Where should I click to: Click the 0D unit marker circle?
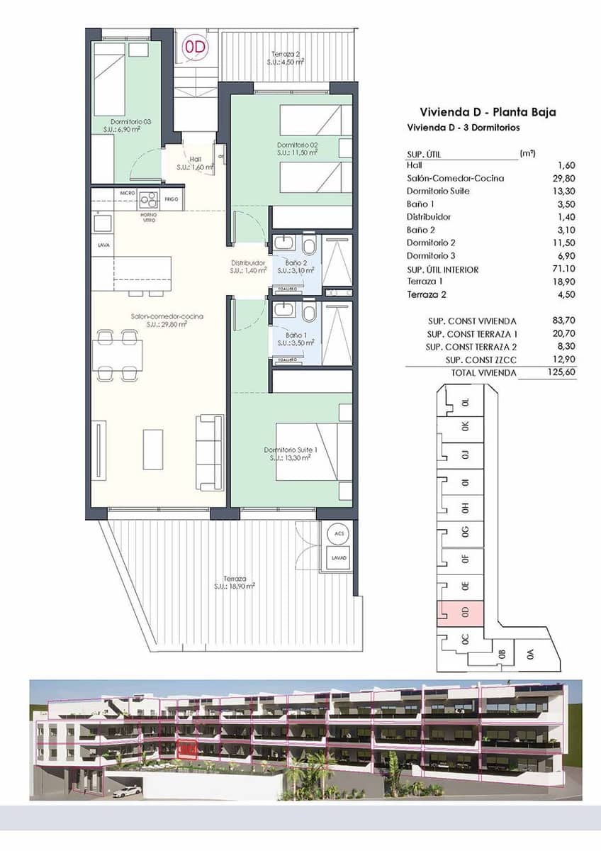[x=197, y=48]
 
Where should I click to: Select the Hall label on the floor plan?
[x=195, y=163]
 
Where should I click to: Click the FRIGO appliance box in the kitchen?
[x=172, y=199]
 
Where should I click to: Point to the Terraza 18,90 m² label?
[x=234, y=582]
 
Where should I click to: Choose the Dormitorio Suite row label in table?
[x=438, y=191]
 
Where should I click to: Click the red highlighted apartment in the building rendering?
[x=188, y=747]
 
